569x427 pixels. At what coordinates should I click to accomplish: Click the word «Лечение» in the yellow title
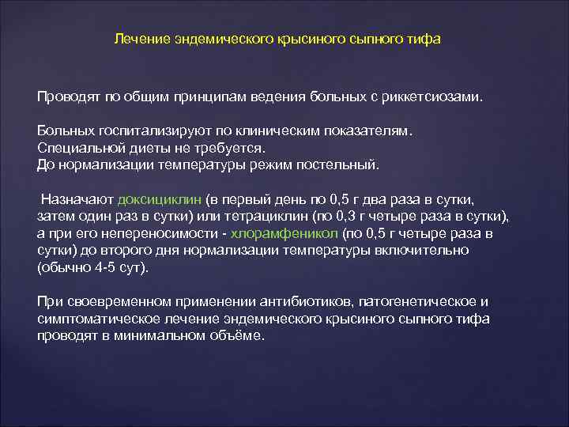coord(137,39)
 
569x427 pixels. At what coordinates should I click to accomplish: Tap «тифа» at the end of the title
coord(425,39)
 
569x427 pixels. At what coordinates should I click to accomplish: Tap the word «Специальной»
coord(74,149)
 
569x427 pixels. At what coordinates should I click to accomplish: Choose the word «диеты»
coord(134,149)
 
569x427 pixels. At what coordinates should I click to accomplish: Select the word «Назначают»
coord(75,201)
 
